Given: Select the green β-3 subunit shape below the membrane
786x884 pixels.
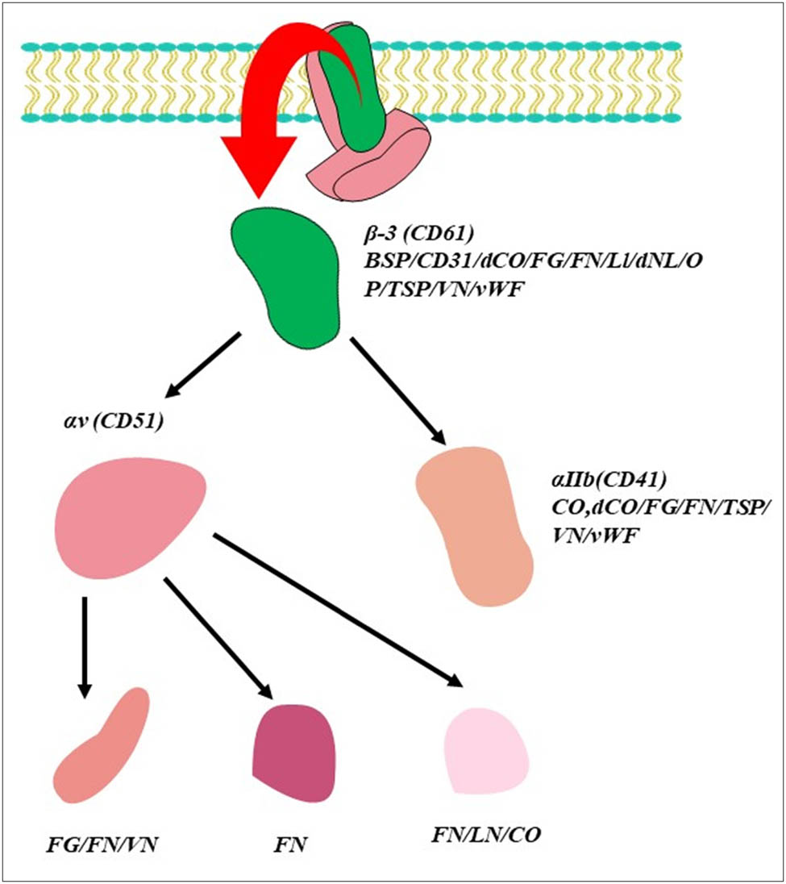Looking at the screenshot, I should coord(287,274).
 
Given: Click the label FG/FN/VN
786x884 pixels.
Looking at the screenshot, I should coord(101,847).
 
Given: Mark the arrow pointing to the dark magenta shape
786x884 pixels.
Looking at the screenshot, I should coord(218,638).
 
